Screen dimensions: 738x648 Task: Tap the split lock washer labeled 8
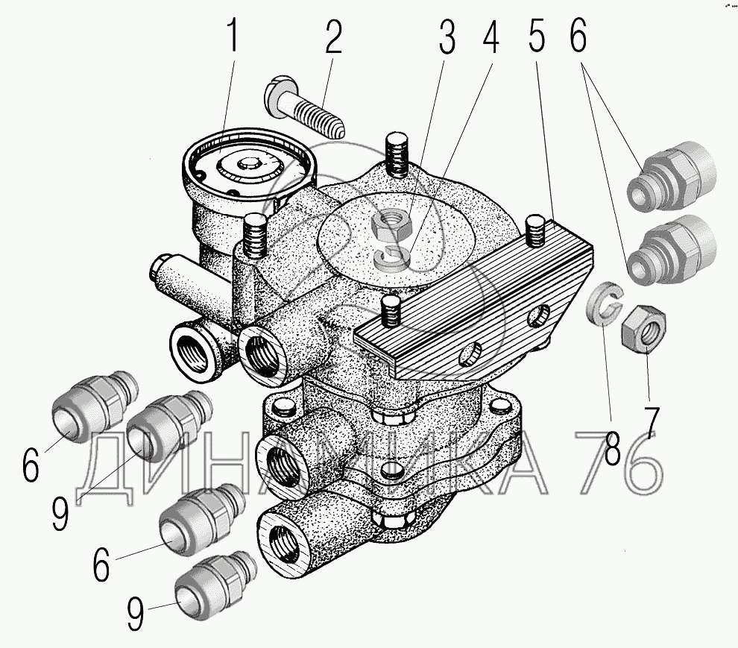tap(603, 305)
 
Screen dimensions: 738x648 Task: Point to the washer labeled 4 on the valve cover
tap(394, 257)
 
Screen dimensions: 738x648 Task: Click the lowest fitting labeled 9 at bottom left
tap(215, 583)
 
